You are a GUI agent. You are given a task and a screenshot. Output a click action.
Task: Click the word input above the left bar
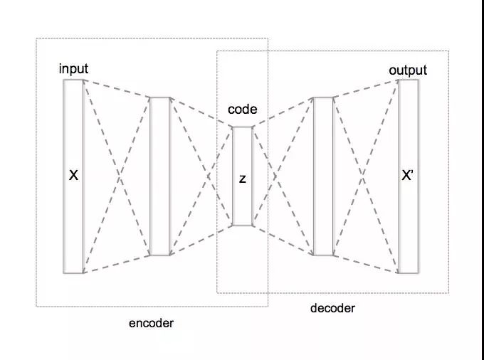73,68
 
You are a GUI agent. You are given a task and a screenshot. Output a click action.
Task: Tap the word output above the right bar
408,70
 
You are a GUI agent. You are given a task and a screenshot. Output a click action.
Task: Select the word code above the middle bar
242,110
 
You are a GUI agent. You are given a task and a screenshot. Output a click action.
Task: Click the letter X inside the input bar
73,174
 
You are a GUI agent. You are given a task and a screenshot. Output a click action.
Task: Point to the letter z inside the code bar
242,179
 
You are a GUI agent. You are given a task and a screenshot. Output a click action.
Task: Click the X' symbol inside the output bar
408,175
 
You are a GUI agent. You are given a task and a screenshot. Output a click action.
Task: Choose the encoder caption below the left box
151,323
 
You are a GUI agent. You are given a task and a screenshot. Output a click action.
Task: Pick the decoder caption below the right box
332,308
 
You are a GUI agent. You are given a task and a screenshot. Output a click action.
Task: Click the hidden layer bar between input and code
160,176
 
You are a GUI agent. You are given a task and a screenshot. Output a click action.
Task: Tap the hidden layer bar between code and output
323,176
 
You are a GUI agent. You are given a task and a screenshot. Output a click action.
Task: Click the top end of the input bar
73,80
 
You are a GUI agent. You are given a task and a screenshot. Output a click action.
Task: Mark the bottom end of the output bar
408,272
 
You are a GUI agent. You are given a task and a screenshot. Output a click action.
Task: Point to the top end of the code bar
242,128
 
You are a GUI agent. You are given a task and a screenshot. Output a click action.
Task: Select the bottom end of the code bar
242,225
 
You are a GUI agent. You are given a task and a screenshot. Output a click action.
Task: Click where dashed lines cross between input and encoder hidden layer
117,176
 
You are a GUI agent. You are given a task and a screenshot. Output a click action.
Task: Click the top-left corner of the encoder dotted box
37,38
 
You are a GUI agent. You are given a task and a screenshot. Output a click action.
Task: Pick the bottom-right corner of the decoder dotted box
448,292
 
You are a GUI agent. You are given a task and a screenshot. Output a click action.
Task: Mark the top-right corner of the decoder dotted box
448,51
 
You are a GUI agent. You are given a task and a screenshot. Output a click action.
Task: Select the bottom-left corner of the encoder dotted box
37,306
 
